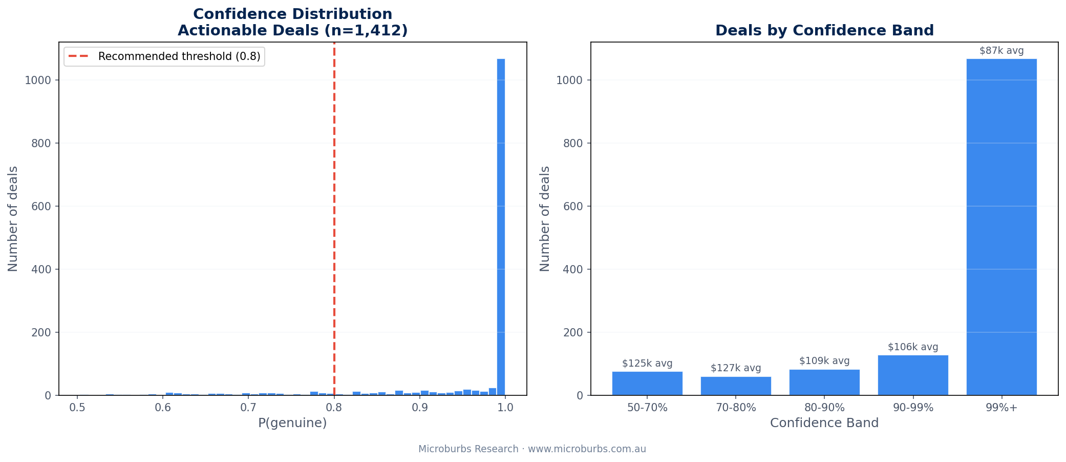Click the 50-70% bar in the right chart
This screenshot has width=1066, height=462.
pyautogui.click(x=647, y=384)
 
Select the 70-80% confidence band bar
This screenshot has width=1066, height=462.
pyautogui.click(x=736, y=386)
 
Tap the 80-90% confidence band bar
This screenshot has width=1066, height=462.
pyautogui.click(x=824, y=383)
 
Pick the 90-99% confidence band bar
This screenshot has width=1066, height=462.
pyautogui.click(x=913, y=375)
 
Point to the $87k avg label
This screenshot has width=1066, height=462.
pyautogui.click(x=1001, y=51)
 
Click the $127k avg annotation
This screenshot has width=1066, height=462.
pyautogui.click(x=736, y=368)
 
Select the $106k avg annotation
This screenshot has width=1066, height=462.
pyautogui.click(x=913, y=347)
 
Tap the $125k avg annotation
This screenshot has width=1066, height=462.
pyautogui.click(x=647, y=364)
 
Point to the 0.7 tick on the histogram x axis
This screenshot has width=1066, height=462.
pyautogui.click(x=248, y=408)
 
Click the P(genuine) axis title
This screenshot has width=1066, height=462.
pyautogui.click(x=292, y=423)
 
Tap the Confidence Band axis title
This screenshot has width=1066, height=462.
pyautogui.click(x=824, y=423)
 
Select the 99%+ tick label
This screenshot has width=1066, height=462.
pyautogui.click(x=1001, y=408)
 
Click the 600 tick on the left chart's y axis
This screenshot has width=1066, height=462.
pyautogui.click(x=41, y=206)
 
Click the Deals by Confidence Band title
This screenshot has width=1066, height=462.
pyautogui.click(x=824, y=31)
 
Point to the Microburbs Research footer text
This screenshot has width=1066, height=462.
pyautogui.click(x=532, y=449)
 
